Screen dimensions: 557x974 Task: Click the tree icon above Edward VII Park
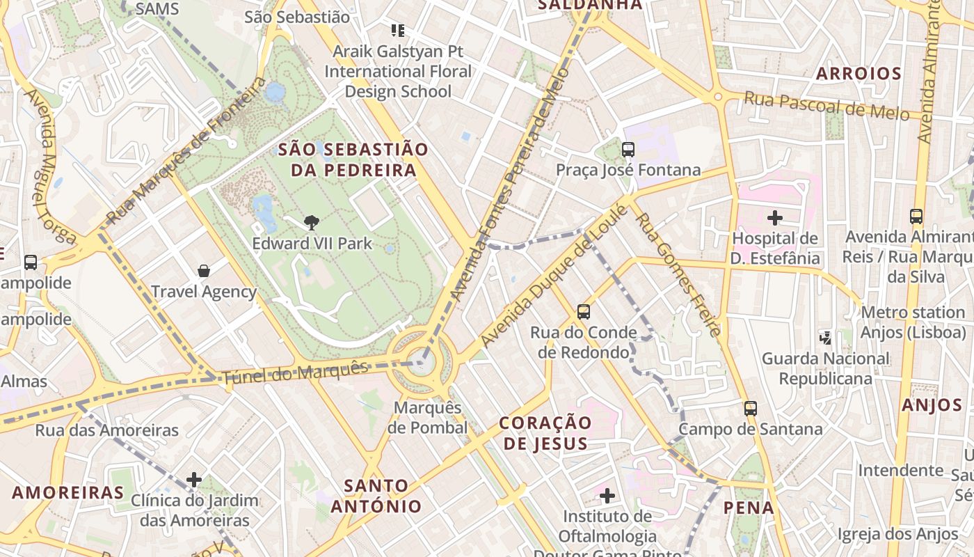coord(312,223)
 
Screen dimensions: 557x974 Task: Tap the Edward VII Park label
coord(312,244)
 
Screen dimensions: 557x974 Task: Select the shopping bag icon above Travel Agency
coord(204,270)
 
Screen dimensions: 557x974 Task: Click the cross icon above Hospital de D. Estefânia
coord(775,218)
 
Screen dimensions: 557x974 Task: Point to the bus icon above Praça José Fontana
coord(628,149)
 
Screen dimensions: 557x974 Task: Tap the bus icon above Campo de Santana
coord(750,408)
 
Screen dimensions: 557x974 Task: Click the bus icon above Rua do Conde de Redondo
coord(584,312)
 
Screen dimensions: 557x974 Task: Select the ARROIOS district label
coord(859,74)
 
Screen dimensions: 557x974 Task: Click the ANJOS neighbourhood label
coord(932,405)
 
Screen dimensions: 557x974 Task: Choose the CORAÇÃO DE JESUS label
coord(545,432)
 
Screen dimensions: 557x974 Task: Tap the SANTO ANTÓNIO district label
coord(376,496)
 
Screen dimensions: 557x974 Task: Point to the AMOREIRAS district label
coord(67,493)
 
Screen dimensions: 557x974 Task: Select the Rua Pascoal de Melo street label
coord(827,105)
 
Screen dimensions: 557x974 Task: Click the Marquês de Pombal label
coord(427,417)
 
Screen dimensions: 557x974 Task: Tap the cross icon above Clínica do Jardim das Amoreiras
coord(194,480)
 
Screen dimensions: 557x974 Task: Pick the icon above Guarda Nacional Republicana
coord(826,338)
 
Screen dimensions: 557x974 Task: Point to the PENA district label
coord(749,508)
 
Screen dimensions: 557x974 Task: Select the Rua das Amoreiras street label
coord(107,430)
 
